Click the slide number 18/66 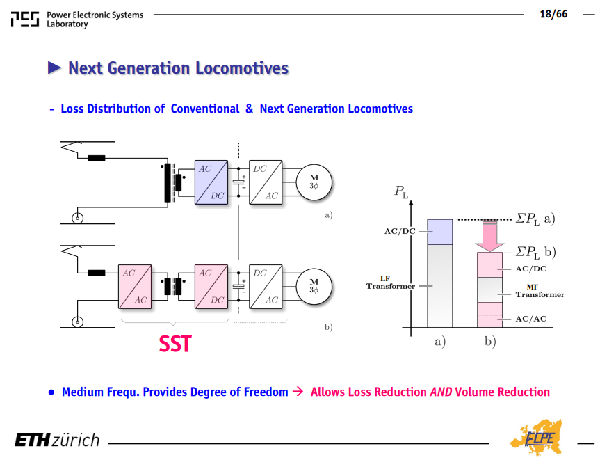[553, 14]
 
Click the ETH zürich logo [57, 440]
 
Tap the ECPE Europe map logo [537, 437]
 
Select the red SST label [175, 344]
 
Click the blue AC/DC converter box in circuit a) [211, 182]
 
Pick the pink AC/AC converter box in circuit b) [135, 287]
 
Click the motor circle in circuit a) [314, 182]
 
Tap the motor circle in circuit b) [314, 287]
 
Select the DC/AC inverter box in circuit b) [266, 287]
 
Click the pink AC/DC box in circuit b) [211, 287]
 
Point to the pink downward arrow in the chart [489, 236]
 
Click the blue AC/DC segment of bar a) [440, 232]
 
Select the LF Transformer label [390, 283]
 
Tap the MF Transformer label [540, 291]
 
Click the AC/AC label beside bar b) [531, 319]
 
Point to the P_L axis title [401, 191]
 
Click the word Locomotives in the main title [242, 68]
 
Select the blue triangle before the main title [54, 68]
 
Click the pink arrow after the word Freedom [298, 391]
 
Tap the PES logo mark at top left [25, 19]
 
